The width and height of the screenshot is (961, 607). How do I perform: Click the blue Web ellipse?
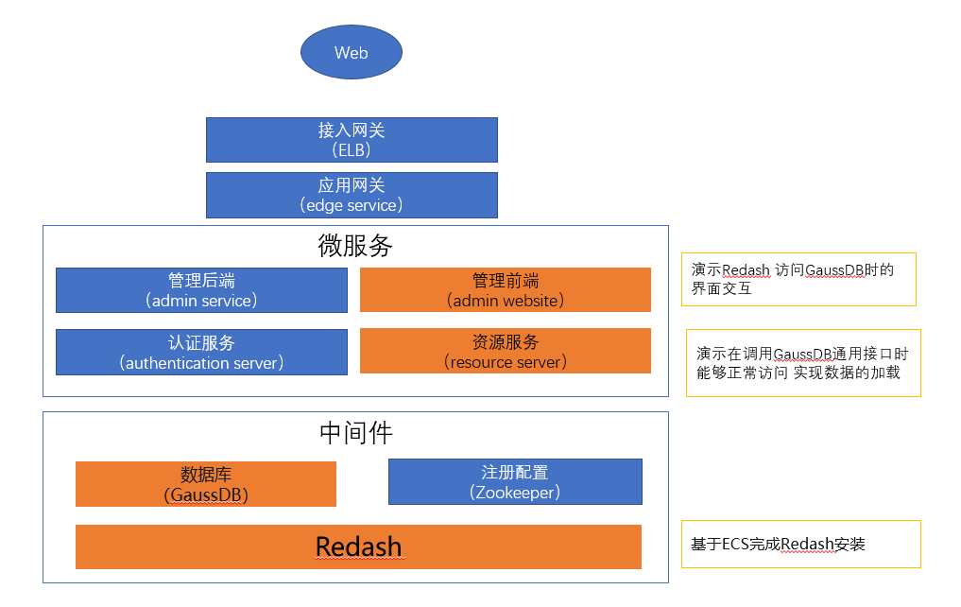tap(351, 52)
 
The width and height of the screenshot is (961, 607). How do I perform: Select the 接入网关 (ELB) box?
tap(352, 140)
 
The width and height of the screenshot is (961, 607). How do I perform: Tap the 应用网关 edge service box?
tap(352, 195)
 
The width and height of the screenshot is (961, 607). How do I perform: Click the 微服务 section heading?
tap(354, 246)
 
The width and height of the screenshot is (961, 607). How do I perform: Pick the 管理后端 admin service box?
tap(201, 290)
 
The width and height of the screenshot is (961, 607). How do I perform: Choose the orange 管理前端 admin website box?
tap(505, 290)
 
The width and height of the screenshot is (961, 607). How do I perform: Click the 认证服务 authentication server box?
tap(201, 352)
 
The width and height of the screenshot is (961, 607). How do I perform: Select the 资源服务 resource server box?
tap(505, 351)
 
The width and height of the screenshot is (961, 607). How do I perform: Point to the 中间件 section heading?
tap(355, 433)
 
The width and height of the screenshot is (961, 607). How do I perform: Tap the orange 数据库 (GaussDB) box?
tap(206, 484)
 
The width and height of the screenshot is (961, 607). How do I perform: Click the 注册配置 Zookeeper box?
tap(515, 482)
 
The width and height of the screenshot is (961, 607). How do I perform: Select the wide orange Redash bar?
tap(358, 546)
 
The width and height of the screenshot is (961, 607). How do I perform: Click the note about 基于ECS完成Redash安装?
tap(800, 544)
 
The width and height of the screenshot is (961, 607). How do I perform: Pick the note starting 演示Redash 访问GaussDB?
tap(798, 279)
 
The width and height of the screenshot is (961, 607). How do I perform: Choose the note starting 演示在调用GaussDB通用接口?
tap(803, 362)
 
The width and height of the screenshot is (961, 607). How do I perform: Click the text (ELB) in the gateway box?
tap(352, 149)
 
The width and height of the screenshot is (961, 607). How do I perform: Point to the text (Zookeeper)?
tap(515, 492)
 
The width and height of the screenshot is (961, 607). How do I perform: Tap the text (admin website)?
tap(505, 301)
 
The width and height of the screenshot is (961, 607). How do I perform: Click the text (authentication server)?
tap(201, 362)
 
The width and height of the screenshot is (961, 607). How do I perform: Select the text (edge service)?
tap(352, 204)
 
